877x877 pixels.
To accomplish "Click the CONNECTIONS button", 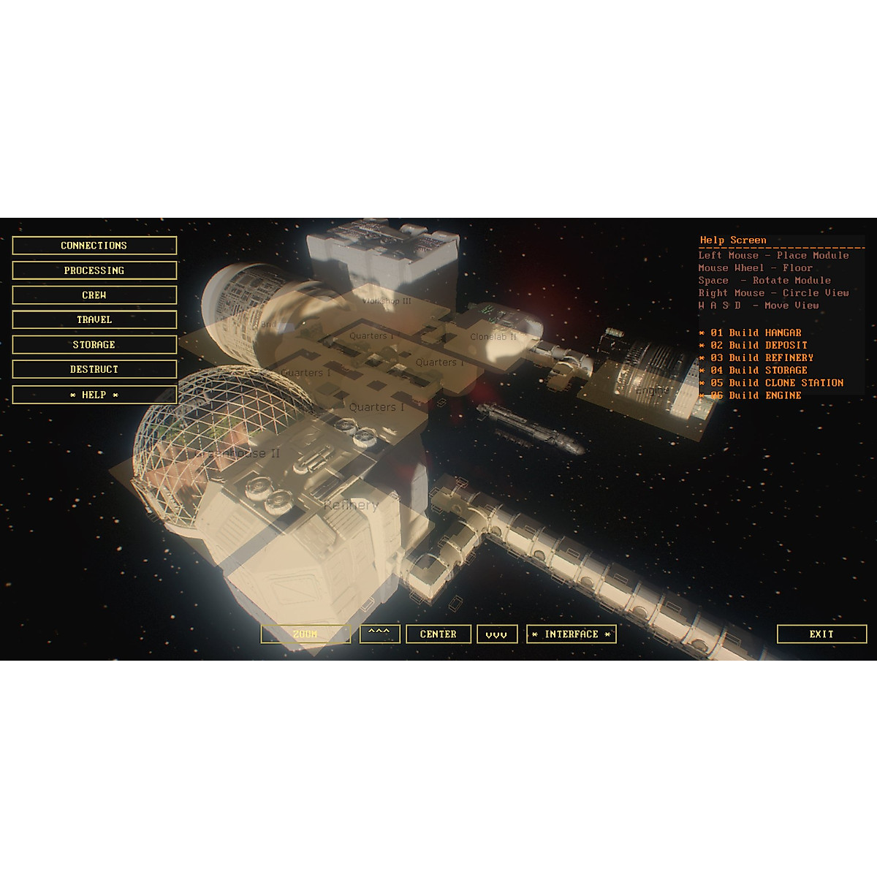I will click(x=94, y=246).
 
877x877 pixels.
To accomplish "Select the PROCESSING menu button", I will click(x=94, y=270).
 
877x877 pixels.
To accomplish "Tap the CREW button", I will click(x=94, y=295).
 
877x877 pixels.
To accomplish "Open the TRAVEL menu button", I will click(x=94, y=319).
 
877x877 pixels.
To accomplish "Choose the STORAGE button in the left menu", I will click(x=94, y=344).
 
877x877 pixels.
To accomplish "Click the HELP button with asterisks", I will click(x=94, y=395).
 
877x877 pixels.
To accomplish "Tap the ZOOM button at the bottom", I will click(x=305, y=634).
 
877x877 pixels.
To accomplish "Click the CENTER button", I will click(x=438, y=634).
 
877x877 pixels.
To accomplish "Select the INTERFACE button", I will click(x=572, y=634).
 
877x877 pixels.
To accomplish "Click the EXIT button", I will click(x=821, y=634).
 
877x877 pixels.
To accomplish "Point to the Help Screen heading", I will click(x=733, y=240).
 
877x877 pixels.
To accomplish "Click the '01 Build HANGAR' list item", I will click(x=756, y=333).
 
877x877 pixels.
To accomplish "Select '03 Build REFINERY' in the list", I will click(x=762, y=357).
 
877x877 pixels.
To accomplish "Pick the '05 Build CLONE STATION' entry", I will click(x=776, y=382).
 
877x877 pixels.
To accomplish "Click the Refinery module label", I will click(x=351, y=505).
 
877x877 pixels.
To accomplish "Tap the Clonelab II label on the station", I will click(x=493, y=337).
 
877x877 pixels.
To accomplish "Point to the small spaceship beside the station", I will click(x=531, y=428).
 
